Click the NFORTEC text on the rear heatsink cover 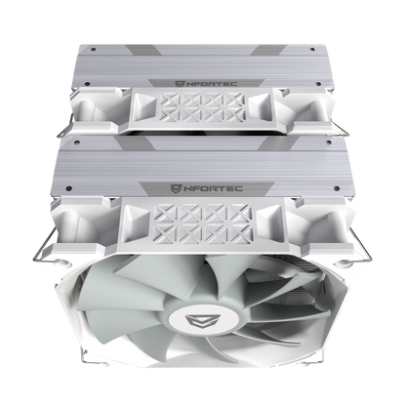pyautogui.click(x=211, y=84)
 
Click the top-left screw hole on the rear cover pyautogui.click(x=94, y=50)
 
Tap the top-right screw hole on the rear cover pyautogui.click(x=312, y=50)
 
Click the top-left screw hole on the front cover pyautogui.click(x=77, y=142)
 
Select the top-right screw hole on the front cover pyautogui.click(x=328, y=142)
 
